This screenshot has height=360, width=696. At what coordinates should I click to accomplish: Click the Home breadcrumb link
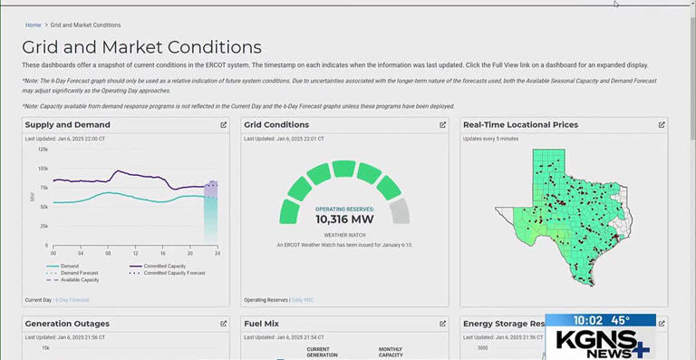point(33,24)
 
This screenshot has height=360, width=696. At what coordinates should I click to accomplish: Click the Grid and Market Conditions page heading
point(141,47)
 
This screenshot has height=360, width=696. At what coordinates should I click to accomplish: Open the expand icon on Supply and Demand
point(224,125)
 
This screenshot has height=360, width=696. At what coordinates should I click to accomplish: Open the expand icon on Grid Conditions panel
point(443,125)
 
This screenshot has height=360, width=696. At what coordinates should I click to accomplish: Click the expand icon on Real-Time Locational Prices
point(662,125)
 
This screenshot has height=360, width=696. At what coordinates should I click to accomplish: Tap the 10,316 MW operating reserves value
point(343,219)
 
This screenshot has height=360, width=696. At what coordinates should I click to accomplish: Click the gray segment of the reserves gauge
point(399,211)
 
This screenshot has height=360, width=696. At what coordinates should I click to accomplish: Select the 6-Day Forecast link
point(72,299)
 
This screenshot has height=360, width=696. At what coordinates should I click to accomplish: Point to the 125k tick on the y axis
point(43,149)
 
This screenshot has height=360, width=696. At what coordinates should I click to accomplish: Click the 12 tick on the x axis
point(135,251)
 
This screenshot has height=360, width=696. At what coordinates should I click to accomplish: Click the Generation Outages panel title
point(67,323)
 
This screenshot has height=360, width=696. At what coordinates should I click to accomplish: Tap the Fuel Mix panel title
point(262,323)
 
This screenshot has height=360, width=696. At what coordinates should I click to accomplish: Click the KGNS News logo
point(602,343)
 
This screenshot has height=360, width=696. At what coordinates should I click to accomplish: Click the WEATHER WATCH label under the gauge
point(343,234)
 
